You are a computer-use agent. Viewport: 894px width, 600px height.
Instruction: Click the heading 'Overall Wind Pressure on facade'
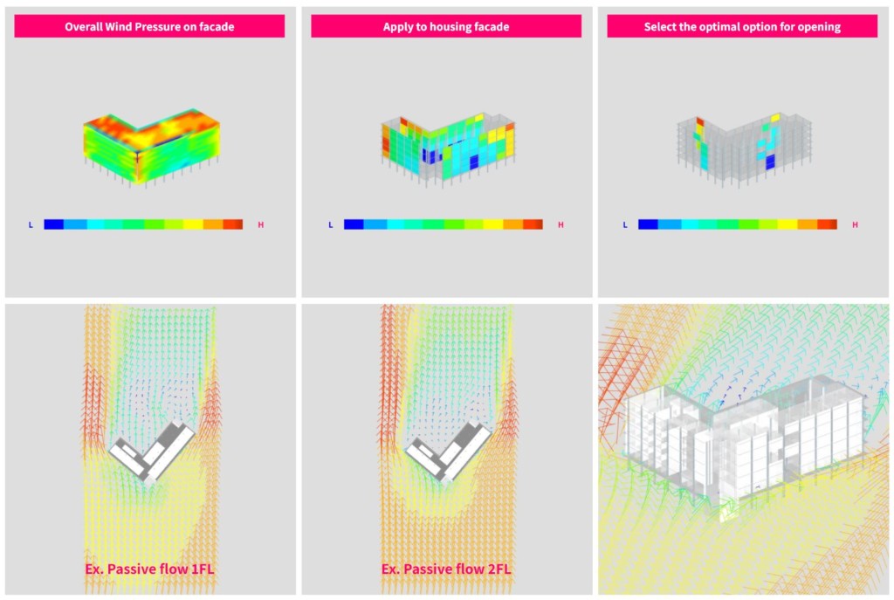click(x=149, y=27)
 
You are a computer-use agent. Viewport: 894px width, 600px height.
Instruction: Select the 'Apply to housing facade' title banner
click(x=446, y=26)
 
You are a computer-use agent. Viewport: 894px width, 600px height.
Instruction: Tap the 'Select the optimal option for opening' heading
click(x=742, y=27)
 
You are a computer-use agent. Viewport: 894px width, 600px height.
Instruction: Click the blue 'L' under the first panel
click(x=31, y=224)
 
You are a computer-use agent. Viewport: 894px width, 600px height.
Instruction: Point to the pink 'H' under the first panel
click(x=260, y=224)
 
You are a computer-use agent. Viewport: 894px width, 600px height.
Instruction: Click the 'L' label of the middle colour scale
click(x=330, y=224)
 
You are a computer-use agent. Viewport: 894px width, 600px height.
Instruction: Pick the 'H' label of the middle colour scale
click(x=560, y=224)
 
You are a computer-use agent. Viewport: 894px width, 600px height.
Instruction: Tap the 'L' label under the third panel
click(x=625, y=224)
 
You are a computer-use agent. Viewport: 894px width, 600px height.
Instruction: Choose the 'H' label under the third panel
click(x=855, y=224)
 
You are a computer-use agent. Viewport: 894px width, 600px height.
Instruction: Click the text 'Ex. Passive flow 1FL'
click(x=149, y=569)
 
